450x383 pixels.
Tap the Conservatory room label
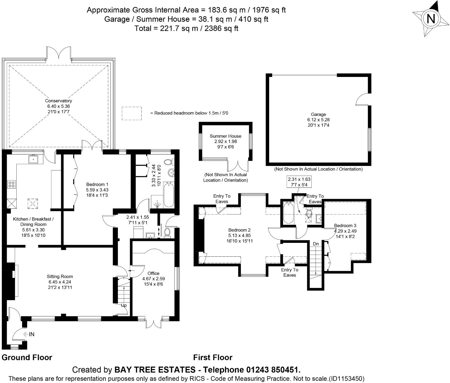click(x=58, y=101)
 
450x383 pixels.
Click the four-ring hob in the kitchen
click(x=11, y=185)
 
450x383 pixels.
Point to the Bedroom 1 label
click(x=97, y=185)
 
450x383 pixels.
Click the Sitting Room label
click(x=60, y=276)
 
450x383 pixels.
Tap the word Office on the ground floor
click(x=153, y=273)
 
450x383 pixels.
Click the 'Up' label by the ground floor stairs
click(x=124, y=305)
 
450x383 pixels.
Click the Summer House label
click(x=226, y=136)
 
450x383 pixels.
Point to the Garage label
click(x=318, y=115)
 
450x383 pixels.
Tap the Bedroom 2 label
click(x=240, y=230)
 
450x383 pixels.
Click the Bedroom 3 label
click(x=345, y=225)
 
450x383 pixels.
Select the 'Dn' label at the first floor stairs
click(x=316, y=244)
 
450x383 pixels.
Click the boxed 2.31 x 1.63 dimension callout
click(x=299, y=182)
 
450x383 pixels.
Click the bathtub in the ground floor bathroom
click(x=169, y=194)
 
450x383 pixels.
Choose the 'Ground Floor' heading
click(x=27, y=357)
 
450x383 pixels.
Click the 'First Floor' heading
click(x=213, y=357)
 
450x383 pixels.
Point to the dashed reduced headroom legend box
click(x=132, y=113)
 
